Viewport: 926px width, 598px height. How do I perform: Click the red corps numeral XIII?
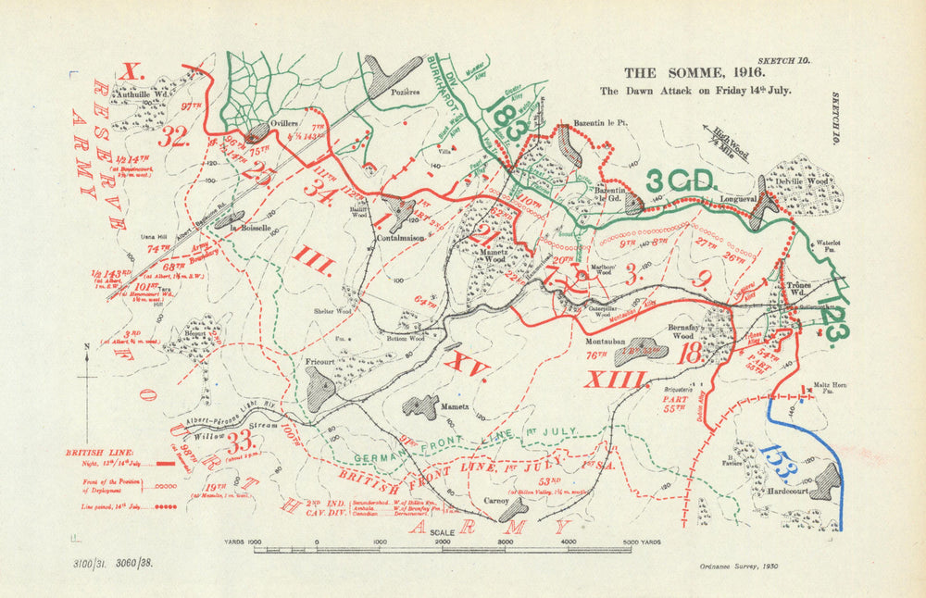tap(616, 380)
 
